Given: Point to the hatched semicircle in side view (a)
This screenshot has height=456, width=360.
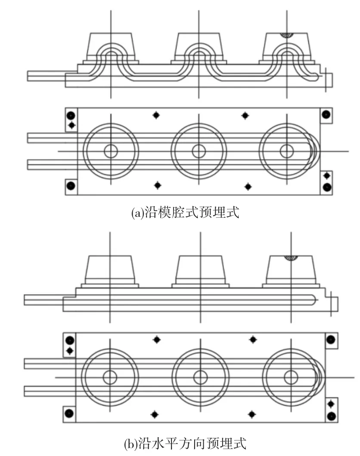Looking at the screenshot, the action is point(287,35).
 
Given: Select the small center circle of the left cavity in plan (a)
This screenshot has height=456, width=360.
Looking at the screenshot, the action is point(111,151).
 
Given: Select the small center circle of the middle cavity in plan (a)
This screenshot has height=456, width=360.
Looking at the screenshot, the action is point(199,151).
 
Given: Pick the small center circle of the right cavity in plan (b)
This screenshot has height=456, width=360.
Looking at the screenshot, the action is point(291,377).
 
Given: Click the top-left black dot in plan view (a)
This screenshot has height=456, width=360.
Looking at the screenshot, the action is point(71,115).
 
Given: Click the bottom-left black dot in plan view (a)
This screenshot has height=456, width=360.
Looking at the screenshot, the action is point(71,185).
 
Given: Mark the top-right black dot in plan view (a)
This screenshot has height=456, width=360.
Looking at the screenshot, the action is point(326,114).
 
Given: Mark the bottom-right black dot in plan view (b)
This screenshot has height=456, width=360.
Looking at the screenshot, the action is point(331,416).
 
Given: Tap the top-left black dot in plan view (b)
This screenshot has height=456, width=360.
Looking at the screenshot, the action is point(70,340).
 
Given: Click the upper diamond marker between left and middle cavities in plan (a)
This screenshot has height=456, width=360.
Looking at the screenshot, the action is point(156,115).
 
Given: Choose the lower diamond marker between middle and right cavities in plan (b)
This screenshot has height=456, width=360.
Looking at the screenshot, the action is point(252,414).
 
